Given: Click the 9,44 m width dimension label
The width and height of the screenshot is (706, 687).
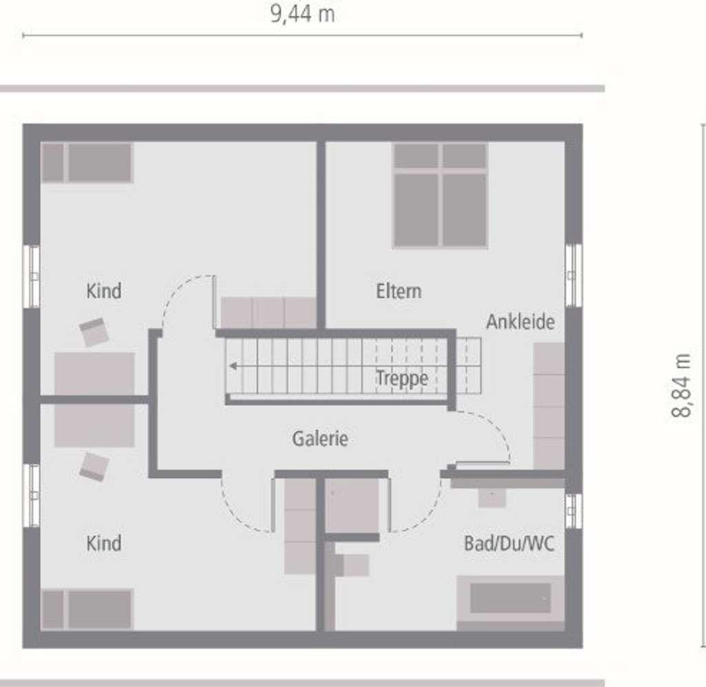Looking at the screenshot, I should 302,14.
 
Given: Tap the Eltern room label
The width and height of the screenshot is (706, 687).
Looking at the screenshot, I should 399,291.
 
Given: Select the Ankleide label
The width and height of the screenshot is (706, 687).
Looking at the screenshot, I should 520,322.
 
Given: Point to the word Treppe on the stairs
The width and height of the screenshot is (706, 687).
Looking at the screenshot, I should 402,378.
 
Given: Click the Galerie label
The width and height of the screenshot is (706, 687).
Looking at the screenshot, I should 320,438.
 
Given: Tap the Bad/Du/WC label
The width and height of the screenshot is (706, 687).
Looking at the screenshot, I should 509,544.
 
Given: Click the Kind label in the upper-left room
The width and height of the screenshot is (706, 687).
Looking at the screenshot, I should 103,291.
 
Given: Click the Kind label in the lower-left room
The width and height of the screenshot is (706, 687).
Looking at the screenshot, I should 103,543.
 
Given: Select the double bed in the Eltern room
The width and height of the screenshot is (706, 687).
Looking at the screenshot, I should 440,195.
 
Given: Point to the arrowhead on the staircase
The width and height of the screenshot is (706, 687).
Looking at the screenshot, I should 234,366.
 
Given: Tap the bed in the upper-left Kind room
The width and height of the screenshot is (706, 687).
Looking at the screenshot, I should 87,163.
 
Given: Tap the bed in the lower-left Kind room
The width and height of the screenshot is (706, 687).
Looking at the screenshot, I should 87,609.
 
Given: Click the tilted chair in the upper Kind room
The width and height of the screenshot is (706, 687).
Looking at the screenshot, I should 94,332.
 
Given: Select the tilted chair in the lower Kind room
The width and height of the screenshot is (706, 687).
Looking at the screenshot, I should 94,466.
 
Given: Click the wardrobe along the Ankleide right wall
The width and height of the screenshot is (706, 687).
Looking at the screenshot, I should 549,407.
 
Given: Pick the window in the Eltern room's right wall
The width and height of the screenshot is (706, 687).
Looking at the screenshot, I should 573,275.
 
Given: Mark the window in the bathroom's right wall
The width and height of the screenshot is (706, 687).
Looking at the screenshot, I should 573,511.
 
